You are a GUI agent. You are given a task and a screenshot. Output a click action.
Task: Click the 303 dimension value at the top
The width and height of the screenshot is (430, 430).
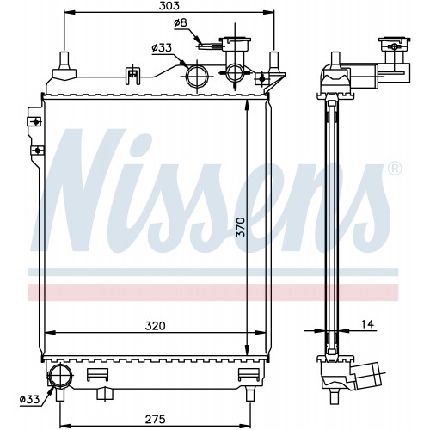click(169, 5)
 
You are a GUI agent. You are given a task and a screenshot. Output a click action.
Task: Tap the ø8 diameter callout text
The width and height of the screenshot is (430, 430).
click(181, 22)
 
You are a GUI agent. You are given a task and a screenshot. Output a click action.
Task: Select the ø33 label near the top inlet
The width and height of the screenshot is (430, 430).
click(162, 48)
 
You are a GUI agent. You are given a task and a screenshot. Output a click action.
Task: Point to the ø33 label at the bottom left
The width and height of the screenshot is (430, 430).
click(29, 399)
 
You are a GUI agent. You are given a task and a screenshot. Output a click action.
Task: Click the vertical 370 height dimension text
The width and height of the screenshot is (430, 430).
click(242, 227)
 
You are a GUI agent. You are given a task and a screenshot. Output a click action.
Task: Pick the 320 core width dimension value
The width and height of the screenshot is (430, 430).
click(155, 326)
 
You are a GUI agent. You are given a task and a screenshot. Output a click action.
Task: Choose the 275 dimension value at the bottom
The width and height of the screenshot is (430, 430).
click(155, 419)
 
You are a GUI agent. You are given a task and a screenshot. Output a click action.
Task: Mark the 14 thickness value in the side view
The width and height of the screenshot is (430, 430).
click(367, 324)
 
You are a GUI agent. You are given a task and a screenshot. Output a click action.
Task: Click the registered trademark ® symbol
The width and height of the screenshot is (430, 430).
click(395, 169)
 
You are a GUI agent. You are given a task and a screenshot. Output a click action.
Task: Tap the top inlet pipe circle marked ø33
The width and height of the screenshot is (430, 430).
click(198, 77)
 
